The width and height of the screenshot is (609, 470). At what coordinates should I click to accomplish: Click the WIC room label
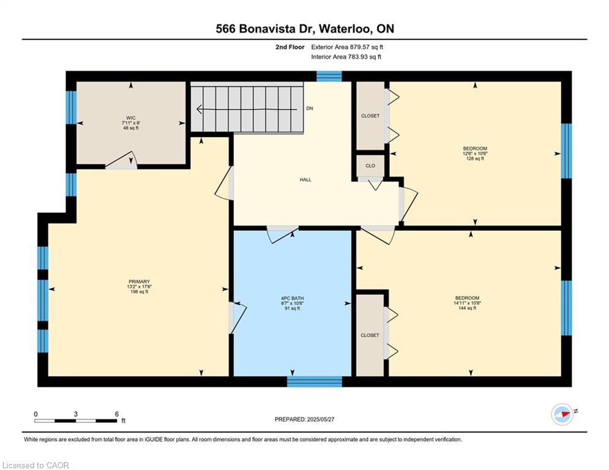pyautogui.click(x=131, y=117)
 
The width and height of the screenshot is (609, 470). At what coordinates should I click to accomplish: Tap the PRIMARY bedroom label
pyautogui.click(x=139, y=282)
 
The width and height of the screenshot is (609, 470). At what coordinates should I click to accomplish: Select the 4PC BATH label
pyautogui.click(x=293, y=298)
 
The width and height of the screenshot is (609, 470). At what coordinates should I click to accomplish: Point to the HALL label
pyautogui.click(x=305, y=180)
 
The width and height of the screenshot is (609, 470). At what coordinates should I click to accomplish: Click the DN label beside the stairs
pyautogui.click(x=310, y=108)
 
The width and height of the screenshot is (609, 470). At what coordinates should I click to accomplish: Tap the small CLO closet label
pyautogui.click(x=370, y=165)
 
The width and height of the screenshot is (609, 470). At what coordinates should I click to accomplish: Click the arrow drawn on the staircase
pyautogui.click(x=247, y=110)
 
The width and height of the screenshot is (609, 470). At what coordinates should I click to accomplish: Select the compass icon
pyautogui.click(x=562, y=414)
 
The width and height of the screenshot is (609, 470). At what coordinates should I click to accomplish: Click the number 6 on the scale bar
pyautogui.click(x=116, y=414)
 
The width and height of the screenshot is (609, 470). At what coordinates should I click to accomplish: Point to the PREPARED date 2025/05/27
pyautogui.click(x=321, y=419)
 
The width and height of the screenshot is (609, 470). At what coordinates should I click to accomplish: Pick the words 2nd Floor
pyautogui.click(x=290, y=47)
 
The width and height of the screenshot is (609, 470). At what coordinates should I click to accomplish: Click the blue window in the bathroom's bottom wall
pyautogui.click(x=315, y=381)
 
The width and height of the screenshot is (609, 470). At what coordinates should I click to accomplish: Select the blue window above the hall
pyautogui.click(x=329, y=76)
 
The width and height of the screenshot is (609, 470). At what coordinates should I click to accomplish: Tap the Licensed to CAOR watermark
pyautogui.click(x=35, y=465)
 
